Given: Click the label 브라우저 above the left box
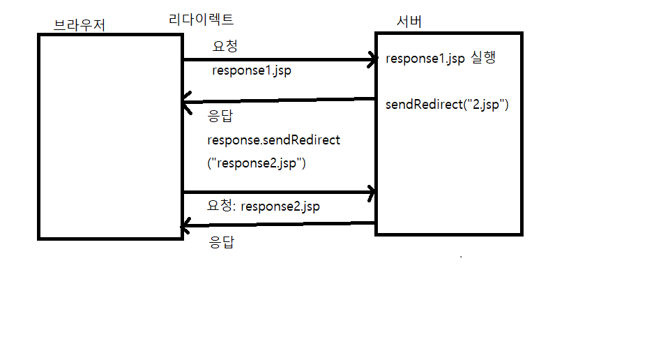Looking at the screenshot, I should click(79, 25).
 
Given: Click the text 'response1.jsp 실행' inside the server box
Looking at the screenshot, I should click(441, 59).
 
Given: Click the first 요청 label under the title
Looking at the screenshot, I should click(224, 47).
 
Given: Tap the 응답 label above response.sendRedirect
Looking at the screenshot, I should click(221, 117).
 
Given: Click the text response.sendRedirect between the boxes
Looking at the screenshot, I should click(273, 140).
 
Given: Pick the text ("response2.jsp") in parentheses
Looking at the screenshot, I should click(257, 164).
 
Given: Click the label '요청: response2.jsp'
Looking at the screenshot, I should click(264, 207).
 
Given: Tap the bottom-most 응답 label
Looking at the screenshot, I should click(221, 243).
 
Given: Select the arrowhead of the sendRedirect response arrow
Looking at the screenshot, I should click(186, 106).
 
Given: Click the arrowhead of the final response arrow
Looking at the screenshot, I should click(186, 226).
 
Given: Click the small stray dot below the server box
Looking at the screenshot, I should click(461, 257).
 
